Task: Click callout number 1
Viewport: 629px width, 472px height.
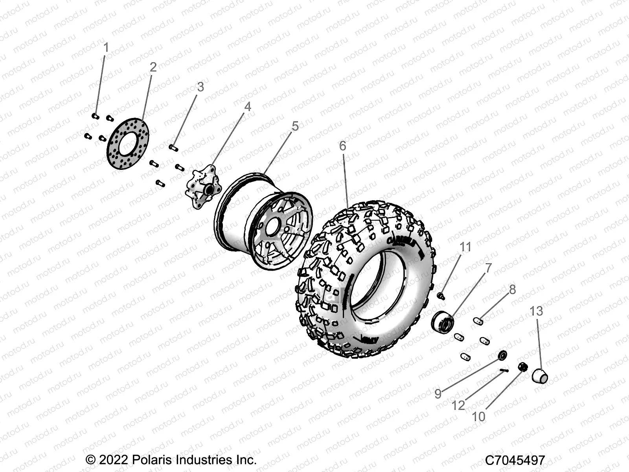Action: coord(106,48)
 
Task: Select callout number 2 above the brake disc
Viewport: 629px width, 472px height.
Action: coord(153,67)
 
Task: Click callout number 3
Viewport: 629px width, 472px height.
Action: coord(200,87)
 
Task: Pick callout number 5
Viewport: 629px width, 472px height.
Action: coord(295,127)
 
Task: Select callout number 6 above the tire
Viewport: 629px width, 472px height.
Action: coord(342,146)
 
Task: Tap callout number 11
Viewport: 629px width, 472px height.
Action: coord(465,247)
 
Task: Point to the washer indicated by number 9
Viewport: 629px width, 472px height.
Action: coord(502,355)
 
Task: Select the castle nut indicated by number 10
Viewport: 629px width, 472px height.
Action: coord(522,367)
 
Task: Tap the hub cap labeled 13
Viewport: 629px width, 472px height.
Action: coord(539,376)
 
